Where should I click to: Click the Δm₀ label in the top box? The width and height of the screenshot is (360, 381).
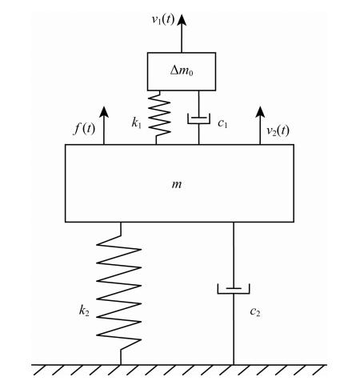(182, 71)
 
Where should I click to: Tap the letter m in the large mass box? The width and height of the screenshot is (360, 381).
(177, 184)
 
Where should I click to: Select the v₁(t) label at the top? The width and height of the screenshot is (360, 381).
(163, 19)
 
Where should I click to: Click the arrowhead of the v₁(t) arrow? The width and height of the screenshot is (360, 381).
(182, 20)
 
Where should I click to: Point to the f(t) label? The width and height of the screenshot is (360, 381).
(84, 129)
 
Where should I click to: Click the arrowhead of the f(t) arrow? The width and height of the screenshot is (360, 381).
(104, 111)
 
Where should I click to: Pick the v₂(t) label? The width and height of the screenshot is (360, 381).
(278, 131)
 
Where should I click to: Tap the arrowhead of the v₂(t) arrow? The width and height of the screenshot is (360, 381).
(260, 111)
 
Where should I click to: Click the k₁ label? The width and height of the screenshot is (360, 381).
(137, 123)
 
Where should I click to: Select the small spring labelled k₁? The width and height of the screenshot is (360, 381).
(159, 118)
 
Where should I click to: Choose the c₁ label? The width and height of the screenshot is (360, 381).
(222, 123)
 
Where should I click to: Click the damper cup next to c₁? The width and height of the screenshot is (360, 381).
(198, 118)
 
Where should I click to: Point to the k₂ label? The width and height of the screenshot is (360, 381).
(84, 311)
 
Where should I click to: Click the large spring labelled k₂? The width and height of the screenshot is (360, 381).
(119, 293)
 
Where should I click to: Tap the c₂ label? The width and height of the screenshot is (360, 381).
(255, 311)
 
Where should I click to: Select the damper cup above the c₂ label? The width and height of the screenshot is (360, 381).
(234, 289)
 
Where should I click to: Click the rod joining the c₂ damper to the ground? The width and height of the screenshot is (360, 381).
(234, 329)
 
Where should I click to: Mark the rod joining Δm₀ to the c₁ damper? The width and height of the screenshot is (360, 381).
(198, 104)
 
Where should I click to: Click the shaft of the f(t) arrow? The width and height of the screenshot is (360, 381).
(104, 130)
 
